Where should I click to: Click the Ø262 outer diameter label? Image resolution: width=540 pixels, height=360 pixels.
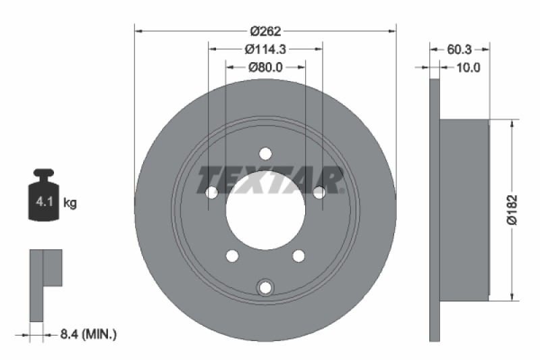265,30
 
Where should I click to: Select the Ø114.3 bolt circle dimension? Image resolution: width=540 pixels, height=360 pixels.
265,49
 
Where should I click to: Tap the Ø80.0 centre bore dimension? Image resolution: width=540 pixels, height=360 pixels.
265,67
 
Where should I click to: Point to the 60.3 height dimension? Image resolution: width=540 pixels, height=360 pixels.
459,49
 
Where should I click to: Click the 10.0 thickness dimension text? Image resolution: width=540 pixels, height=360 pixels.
468,67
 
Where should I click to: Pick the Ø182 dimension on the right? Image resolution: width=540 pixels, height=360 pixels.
514,209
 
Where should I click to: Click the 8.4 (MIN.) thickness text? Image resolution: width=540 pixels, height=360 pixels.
88,333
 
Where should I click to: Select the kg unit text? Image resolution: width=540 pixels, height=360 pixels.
70,202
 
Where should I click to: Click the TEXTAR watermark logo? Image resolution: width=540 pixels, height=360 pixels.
270,180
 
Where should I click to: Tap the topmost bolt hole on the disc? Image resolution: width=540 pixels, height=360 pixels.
265,153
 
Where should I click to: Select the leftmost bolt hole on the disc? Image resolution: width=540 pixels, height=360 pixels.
212,192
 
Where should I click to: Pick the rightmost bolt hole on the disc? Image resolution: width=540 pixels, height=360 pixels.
319,192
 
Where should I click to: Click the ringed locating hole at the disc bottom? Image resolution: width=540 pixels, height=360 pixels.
265,287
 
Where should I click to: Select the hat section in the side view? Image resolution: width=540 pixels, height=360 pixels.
464,209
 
